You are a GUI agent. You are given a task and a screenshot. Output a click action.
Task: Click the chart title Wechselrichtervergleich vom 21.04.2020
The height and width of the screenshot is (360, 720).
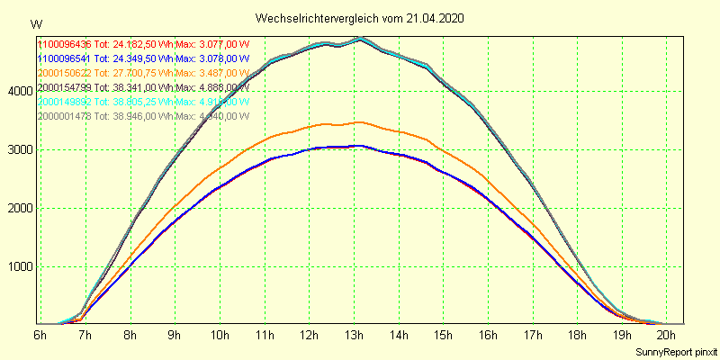pyautogui.click(x=360, y=18)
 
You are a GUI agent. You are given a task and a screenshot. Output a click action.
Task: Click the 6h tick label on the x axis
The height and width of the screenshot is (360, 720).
pyautogui.click(x=40, y=335)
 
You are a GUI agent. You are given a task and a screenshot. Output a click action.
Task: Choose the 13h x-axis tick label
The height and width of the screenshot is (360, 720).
pyautogui.click(x=353, y=335)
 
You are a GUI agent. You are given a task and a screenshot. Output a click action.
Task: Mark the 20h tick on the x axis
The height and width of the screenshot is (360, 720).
pyautogui.click(x=666, y=335)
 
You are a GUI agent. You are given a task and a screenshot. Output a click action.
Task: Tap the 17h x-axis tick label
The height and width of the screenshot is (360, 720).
pyautogui.click(x=532, y=335)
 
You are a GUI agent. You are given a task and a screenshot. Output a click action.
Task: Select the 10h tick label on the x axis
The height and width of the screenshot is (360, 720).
pyautogui.click(x=219, y=335)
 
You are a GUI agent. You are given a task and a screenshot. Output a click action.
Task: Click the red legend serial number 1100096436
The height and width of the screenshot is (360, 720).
pyautogui.click(x=65, y=44)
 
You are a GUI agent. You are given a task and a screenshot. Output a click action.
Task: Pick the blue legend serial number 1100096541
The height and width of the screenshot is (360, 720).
pyautogui.click(x=65, y=58)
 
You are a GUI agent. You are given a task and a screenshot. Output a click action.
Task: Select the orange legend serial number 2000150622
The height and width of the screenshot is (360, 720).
pyautogui.click(x=65, y=73)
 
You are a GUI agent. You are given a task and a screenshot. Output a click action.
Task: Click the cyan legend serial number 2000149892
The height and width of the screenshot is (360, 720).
pyautogui.click(x=65, y=102)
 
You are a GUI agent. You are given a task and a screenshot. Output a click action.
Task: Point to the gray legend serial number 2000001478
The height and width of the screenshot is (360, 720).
pyautogui.click(x=65, y=116)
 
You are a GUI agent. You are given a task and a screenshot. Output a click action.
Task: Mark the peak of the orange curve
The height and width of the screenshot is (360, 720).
pyautogui.click(x=358, y=121)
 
